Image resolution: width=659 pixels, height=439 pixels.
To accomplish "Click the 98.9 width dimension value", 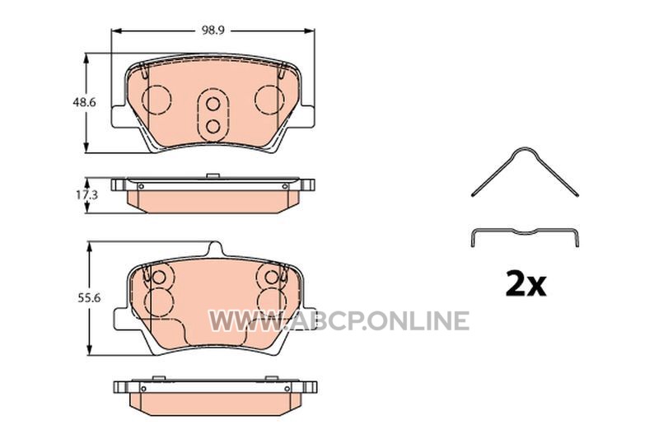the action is (213, 30).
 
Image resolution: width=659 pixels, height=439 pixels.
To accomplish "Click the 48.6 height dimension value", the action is (84, 102).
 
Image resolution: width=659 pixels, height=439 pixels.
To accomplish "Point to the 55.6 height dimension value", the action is (89, 297).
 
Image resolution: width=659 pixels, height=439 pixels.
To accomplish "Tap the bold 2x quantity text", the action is (526, 284).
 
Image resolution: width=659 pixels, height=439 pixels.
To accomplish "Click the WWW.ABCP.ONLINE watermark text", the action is (339, 321).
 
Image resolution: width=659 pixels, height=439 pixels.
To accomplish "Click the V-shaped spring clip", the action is (525, 171).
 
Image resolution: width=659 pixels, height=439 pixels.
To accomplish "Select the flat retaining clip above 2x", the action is (525, 236).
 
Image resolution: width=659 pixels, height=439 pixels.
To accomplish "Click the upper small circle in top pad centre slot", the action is (213, 104).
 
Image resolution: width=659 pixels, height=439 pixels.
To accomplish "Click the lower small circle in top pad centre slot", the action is (213, 126).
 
